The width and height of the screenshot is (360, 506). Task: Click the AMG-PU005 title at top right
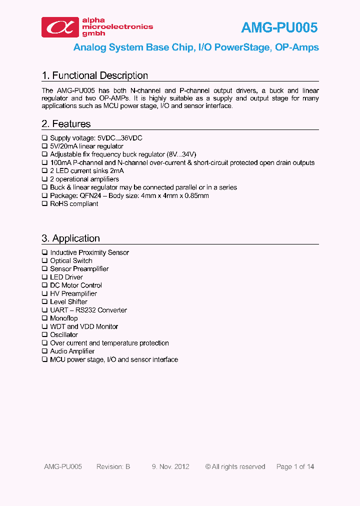pos(279,27)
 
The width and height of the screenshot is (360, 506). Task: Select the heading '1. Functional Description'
pos(95,75)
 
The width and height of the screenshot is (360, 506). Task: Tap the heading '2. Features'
pos(66,123)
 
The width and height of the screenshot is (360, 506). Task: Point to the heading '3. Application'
pos(71,238)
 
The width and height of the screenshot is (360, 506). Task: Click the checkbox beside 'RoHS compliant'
pos(44,203)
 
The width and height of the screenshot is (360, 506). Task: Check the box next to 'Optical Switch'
pos(44,260)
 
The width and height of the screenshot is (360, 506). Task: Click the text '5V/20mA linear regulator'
pos(86,146)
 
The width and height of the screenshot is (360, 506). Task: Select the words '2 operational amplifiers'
pos(84,179)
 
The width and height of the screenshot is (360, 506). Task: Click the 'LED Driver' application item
pos(66,277)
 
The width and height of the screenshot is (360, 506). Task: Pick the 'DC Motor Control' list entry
pos(76,285)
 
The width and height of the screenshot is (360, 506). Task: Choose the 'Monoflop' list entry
pos(64,318)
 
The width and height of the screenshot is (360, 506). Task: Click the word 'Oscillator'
pos(64,334)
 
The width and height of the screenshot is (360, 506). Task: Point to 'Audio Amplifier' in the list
pos(72,351)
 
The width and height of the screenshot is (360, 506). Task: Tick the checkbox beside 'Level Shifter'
pos(44,301)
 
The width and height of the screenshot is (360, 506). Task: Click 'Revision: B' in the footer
pos(113,466)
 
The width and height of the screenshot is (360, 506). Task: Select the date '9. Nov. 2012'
pos(170,466)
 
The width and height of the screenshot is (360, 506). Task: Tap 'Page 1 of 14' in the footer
pos(295,466)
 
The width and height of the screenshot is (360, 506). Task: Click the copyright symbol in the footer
pos(208,466)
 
